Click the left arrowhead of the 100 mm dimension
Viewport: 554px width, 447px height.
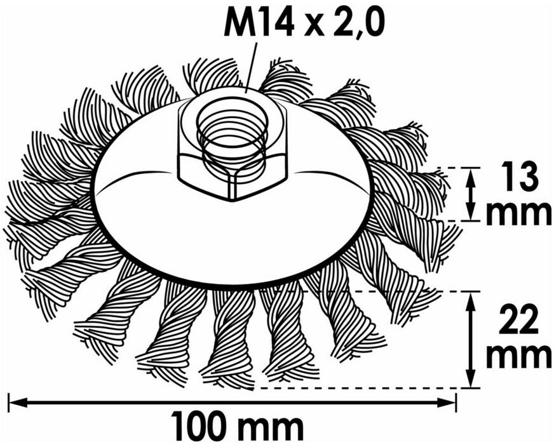[18, 402]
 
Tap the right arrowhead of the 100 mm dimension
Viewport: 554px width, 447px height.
[446, 402]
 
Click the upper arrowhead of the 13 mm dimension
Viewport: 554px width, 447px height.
[470, 177]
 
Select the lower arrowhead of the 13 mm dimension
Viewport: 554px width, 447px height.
[470, 211]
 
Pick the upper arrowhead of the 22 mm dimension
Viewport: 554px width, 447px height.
[470, 301]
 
